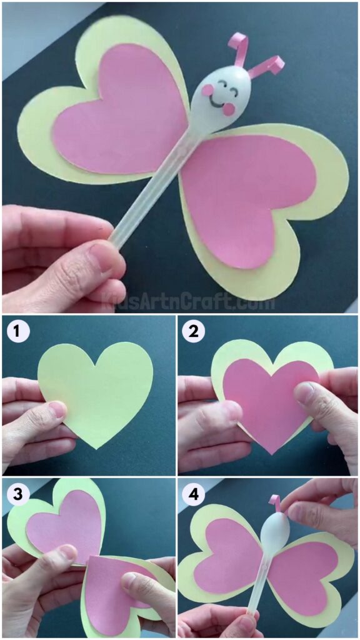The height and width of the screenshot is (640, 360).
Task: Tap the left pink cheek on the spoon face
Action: point(207,91)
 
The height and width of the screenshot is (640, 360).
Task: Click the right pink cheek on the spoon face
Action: point(229,109)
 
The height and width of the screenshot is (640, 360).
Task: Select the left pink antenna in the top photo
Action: point(238,49)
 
